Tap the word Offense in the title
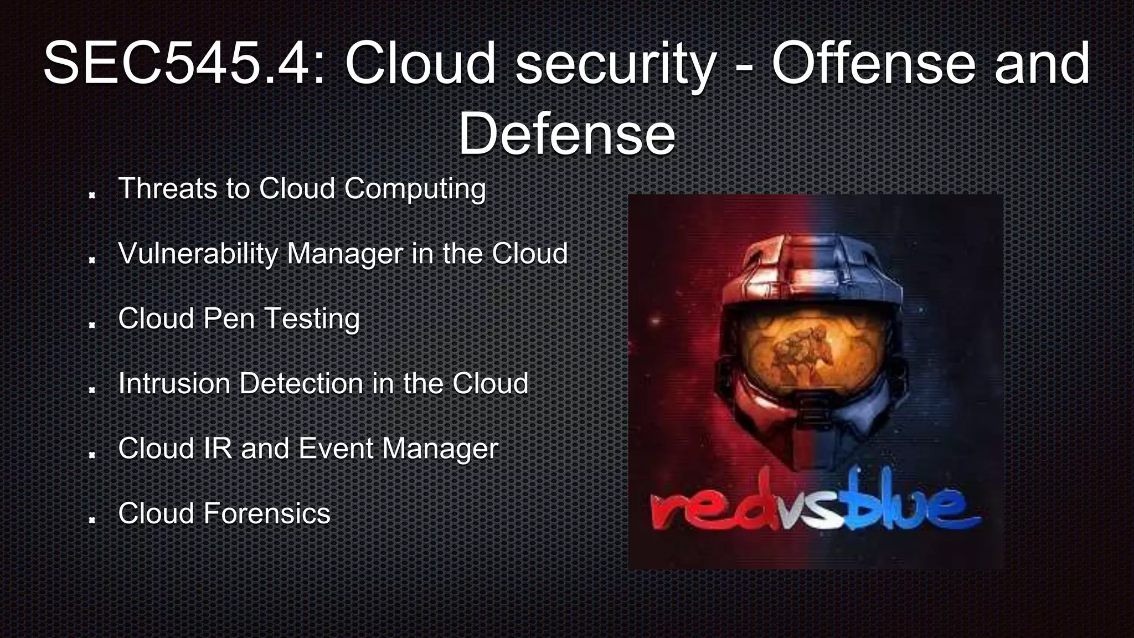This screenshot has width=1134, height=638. [873, 64]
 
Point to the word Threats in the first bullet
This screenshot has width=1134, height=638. [167, 188]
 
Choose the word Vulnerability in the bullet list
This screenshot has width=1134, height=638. [198, 254]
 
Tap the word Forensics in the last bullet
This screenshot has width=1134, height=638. [267, 513]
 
